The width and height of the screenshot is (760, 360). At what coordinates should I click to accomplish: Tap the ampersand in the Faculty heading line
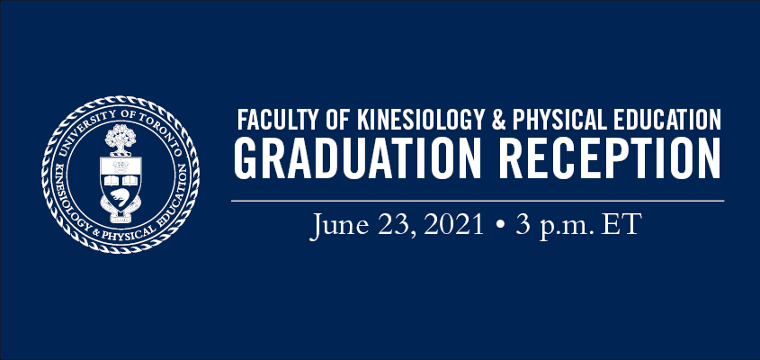(499, 120)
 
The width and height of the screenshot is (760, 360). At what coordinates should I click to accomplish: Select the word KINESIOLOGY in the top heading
(422, 120)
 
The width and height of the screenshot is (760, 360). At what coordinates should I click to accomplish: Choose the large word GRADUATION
(357, 158)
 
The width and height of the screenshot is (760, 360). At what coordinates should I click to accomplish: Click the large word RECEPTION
(609, 158)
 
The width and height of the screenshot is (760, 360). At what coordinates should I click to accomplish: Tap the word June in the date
(338, 226)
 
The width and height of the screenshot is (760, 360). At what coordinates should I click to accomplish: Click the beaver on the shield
(120, 198)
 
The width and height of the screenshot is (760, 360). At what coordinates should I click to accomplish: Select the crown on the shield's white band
(121, 166)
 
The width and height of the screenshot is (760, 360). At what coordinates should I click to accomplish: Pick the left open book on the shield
(112, 181)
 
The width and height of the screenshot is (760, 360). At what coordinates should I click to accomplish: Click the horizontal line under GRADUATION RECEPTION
(478, 201)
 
